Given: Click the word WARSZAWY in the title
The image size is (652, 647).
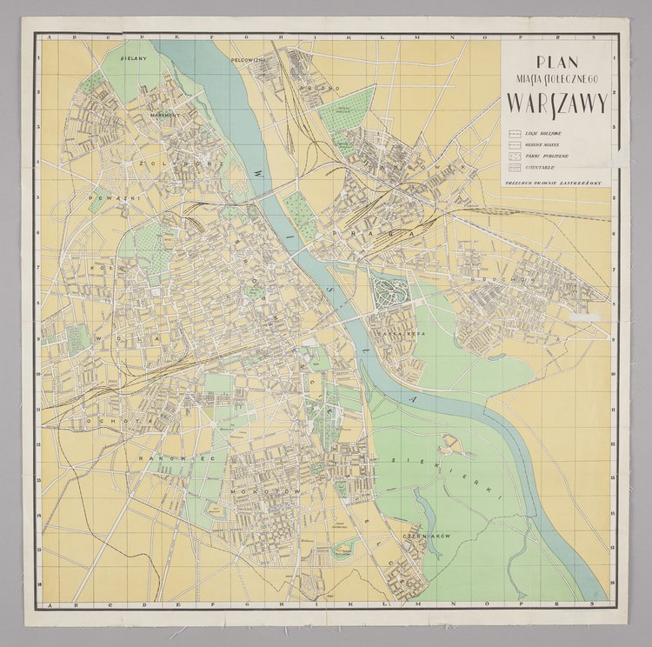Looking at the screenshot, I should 557,103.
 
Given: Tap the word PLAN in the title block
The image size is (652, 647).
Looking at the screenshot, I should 557,62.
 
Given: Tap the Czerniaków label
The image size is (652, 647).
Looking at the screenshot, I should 429,537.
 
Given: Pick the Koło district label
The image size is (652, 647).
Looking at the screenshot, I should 96,270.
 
